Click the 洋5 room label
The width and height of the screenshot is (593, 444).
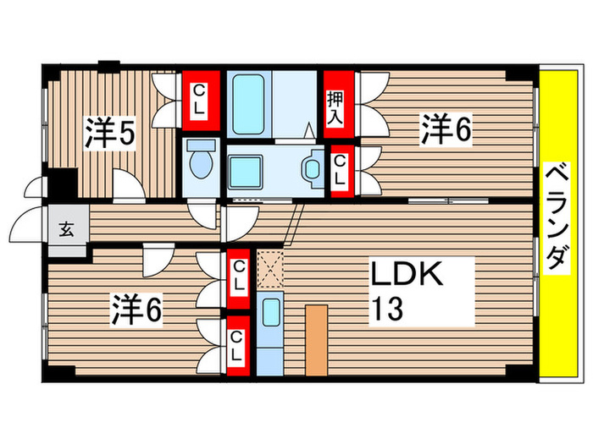[x=110, y=134]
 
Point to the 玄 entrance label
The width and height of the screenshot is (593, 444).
[x=65, y=227]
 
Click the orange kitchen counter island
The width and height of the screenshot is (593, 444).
[x=316, y=338]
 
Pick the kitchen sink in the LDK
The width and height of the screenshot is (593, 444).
[x=272, y=313]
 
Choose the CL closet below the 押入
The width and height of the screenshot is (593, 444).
[x=339, y=170]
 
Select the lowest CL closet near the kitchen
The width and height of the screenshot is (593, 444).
[x=238, y=345]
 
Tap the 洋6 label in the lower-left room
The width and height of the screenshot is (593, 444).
[x=136, y=310]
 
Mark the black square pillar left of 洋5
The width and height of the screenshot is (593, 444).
[x=61, y=183]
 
